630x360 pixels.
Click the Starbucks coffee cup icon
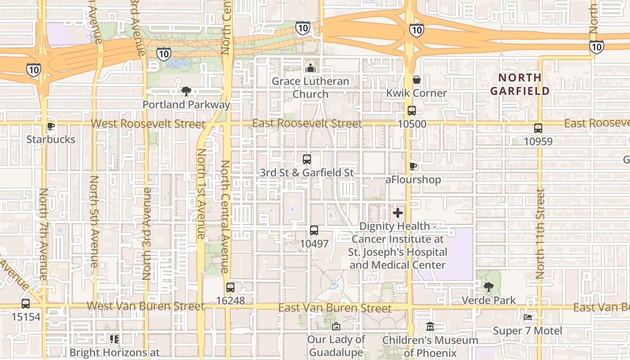[51, 126]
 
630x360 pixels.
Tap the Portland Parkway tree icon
[186, 92]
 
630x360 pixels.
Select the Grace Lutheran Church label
[310, 88]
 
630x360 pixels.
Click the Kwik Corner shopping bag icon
[417, 80]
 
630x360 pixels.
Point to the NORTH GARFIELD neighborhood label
[520, 84]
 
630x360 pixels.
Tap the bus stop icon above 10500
[411, 111]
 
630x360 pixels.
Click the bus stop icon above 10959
[538, 128]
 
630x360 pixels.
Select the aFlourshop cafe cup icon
[413, 166]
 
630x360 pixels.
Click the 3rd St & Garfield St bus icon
[307, 159]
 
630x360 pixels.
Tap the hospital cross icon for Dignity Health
[398, 212]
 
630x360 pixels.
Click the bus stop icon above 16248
[230, 288]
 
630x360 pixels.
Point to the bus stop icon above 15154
[26, 304]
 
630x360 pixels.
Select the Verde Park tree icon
[488, 287]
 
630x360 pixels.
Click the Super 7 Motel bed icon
[528, 318]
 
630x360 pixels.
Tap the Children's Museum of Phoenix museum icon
[430, 327]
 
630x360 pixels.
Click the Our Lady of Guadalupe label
[336, 346]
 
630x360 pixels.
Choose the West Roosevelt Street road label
[148, 124]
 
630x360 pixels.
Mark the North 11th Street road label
[540, 233]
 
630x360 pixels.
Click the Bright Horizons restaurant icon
[114, 339]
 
